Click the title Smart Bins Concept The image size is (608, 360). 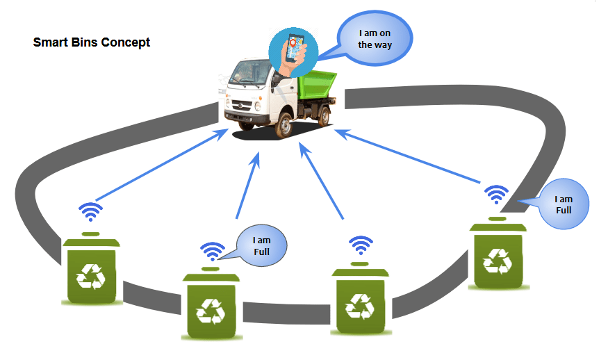(x=92, y=42)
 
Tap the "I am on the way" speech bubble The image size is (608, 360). (x=375, y=39)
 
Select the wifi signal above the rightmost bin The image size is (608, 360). (x=495, y=194)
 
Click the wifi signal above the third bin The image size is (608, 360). (x=360, y=245)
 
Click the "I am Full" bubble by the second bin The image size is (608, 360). (x=261, y=246)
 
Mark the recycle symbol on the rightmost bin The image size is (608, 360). (x=498, y=261)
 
